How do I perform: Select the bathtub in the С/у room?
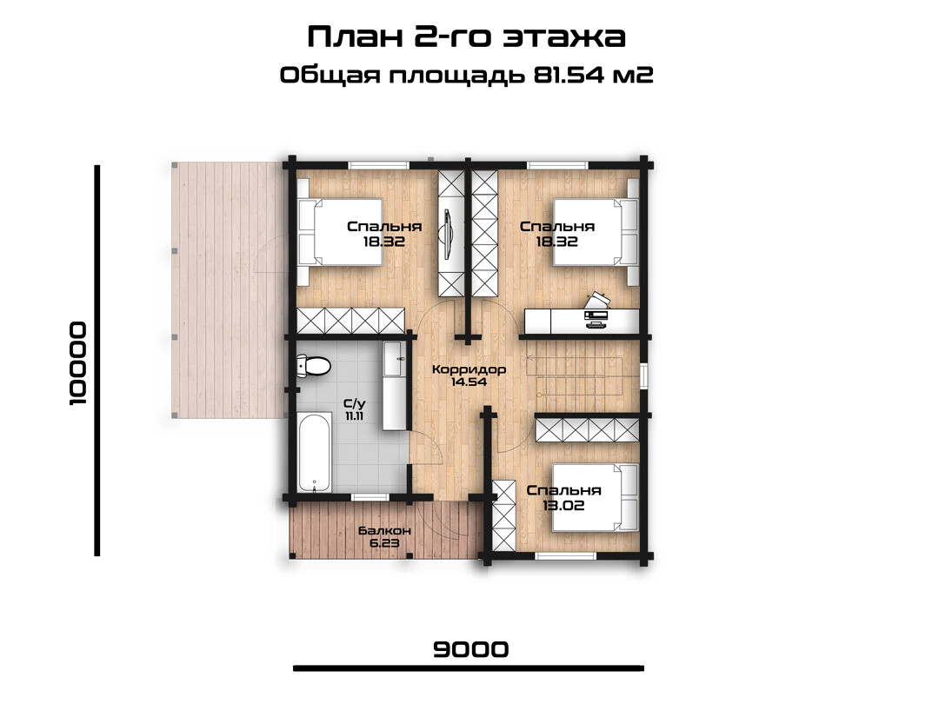click(x=315, y=452)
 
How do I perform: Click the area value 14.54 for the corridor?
click(x=469, y=382)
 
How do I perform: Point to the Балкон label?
click(x=384, y=531)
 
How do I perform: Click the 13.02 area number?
click(x=563, y=505)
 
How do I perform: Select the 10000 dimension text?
click(x=78, y=364)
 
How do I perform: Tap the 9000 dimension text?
click(x=470, y=649)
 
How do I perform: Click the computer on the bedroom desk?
click(x=596, y=310)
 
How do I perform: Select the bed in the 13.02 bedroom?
click(x=596, y=497)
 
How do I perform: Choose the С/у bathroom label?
click(x=355, y=404)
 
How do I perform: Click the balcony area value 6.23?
click(x=384, y=543)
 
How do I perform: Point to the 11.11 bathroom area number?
click(x=355, y=416)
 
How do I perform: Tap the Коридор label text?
click(x=469, y=369)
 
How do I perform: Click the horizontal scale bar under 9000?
click(x=469, y=668)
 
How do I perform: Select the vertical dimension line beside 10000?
click(x=97, y=361)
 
